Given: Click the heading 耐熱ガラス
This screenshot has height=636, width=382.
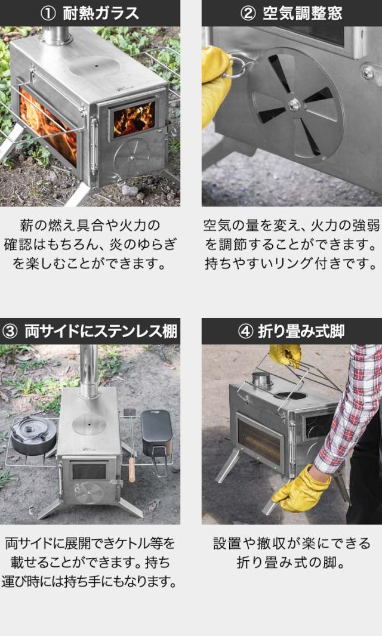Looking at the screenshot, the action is click(101, 13).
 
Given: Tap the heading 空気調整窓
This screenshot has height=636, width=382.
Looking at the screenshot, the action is click(303, 13).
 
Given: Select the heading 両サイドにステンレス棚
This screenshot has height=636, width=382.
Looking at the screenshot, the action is click(101, 331).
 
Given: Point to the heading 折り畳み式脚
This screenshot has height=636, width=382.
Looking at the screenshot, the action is click(301, 331).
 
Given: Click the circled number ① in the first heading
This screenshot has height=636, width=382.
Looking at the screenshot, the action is click(49, 14).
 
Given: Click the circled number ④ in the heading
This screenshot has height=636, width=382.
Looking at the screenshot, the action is click(245, 332).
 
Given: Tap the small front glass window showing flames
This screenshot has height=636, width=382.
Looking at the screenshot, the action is click(134, 119).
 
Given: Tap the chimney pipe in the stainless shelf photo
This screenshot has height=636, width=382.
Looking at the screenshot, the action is click(89, 371).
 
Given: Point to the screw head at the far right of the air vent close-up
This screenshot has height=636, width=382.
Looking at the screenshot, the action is click(368, 73).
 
